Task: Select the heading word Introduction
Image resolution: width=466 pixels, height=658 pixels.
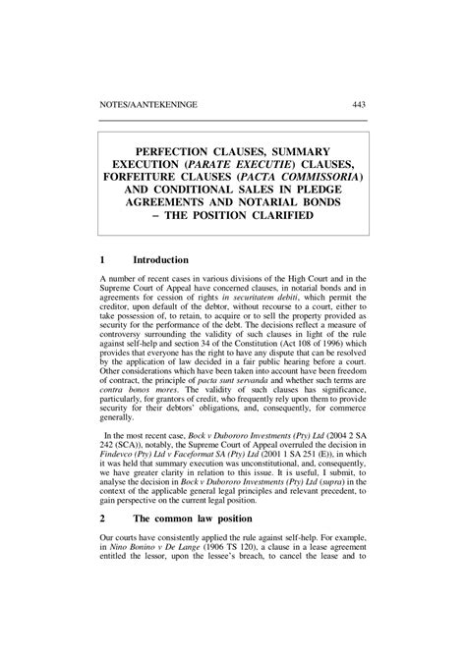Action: [x=159, y=260]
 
